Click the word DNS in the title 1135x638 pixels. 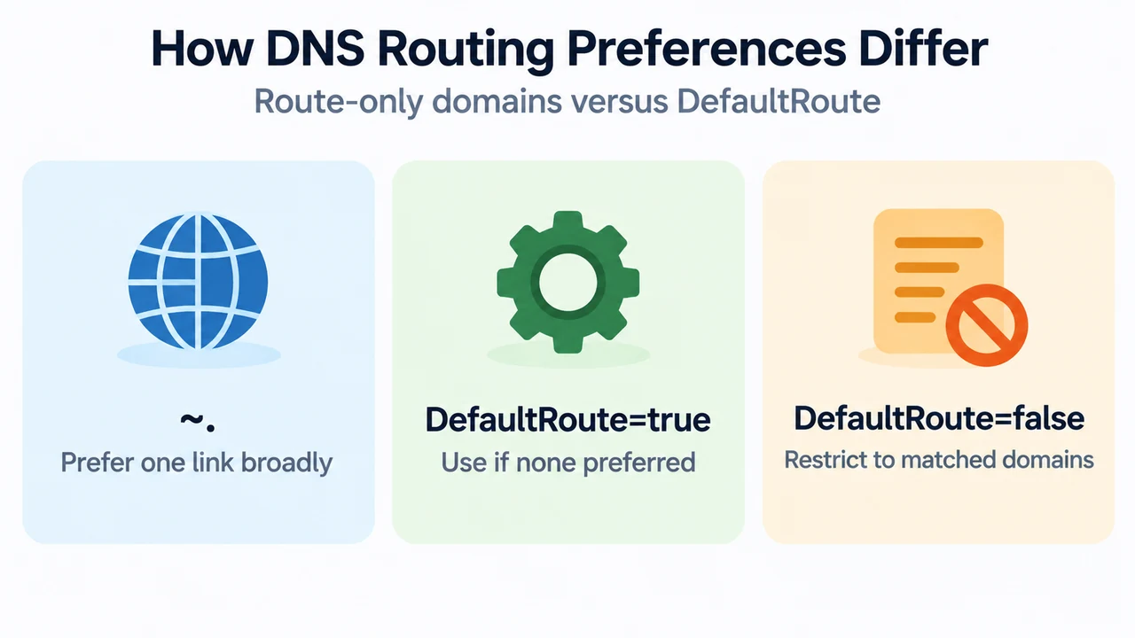point(315,49)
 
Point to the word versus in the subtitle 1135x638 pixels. point(620,101)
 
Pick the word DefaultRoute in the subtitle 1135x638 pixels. point(779,101)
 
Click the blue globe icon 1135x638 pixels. point(198,281)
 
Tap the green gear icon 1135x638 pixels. point(568,282)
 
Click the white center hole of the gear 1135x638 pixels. point(568,282)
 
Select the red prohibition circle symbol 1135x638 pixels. point(986,325)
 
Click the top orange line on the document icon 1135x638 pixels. point(939,243)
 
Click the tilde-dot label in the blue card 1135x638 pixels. point(198,422)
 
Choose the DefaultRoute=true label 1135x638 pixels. point(568,420)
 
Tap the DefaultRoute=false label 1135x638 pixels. point(939,418)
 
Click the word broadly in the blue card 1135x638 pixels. point(286,463)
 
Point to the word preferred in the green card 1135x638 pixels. point(639,463)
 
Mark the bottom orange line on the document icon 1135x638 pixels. point(915,317)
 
